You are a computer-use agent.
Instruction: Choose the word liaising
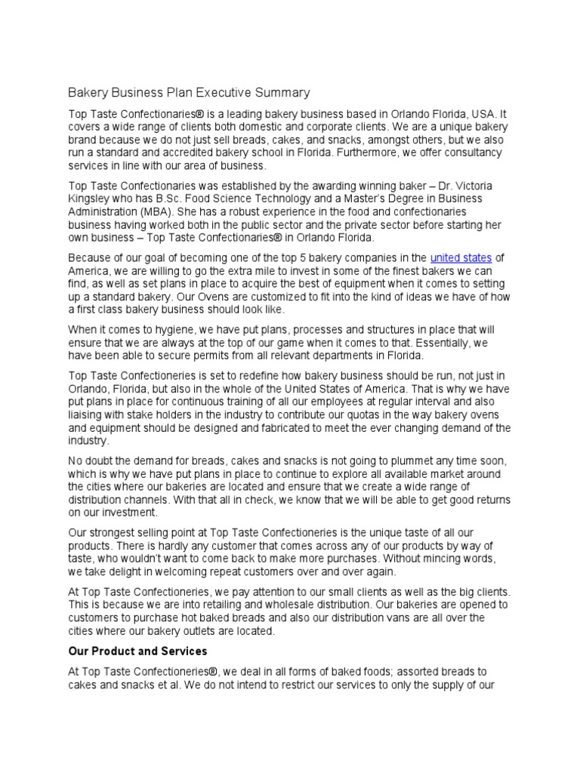coord(88,414)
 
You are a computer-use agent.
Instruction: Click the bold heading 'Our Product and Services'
coord(137,650)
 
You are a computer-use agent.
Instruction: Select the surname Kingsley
coord(91,199)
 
